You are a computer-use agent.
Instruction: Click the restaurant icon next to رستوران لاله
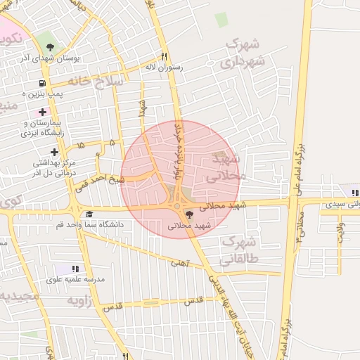click(x=164, y=57)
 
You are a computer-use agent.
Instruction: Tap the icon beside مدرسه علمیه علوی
click(x=75, y=269)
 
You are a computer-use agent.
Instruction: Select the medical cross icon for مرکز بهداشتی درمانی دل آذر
click(x=54, y=152)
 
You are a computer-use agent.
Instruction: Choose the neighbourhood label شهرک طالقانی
click(x=240, y=250)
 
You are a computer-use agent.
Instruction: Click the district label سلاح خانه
click(x=101, y=82)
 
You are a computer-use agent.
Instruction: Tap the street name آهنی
click(x=179, y=262)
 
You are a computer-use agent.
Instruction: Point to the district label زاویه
click(x=80, y=301)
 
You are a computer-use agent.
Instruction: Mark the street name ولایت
click(x=341, y=233)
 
